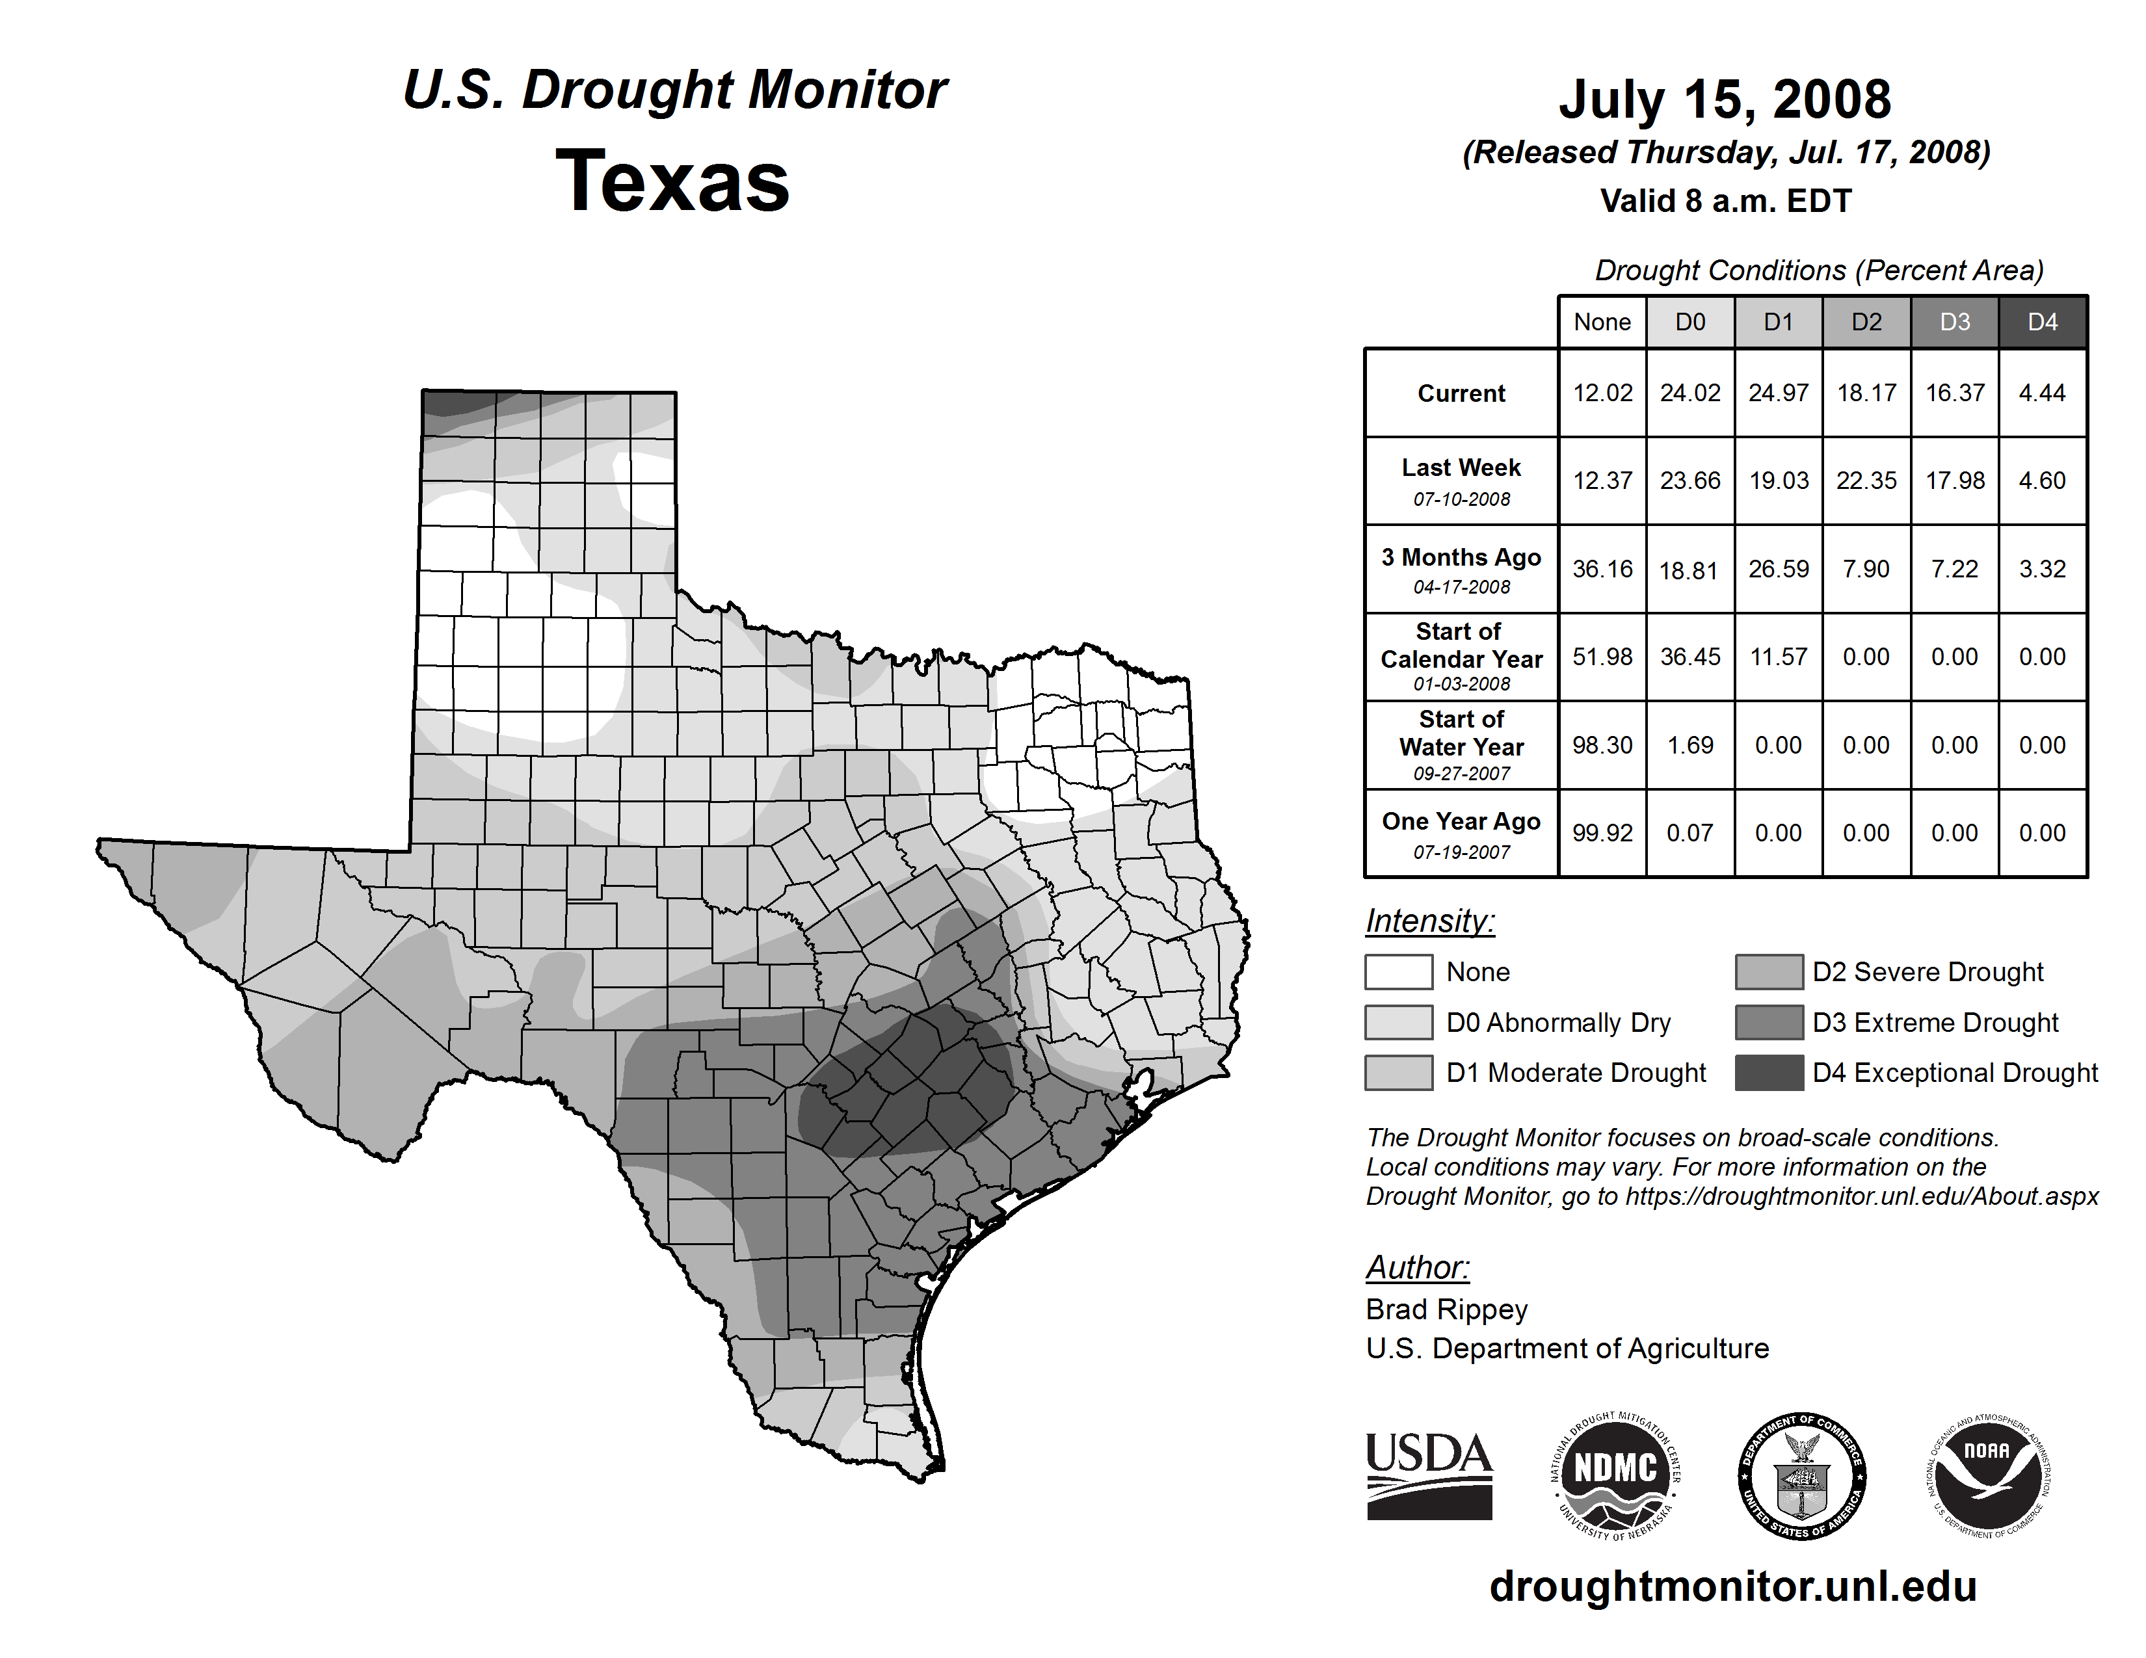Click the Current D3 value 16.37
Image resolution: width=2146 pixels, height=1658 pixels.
coord(1954,393)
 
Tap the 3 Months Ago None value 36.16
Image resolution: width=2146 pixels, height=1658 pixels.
coord(1602,569)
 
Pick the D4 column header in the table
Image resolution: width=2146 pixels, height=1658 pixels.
coord(2042,322)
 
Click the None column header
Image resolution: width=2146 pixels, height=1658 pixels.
coord(1602,322)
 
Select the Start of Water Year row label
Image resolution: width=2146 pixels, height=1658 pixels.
coord(1461,744)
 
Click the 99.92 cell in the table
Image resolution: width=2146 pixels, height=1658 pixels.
coord(1602,833)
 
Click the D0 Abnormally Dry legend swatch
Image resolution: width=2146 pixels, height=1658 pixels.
coord(1398,1023)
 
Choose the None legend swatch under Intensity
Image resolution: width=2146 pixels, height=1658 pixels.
coord(1398,971)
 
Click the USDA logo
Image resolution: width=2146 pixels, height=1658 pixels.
coord(1429,1475)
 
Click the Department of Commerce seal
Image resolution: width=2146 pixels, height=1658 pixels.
coord(1801,1475)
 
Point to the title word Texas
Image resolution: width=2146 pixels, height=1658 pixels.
coord(672,181)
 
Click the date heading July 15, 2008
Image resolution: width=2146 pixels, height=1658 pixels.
coord(1725,99)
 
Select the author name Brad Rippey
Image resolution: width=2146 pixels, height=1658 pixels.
coord(1446,1309)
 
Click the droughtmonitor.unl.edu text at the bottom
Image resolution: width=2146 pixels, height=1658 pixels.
coord(1733,1586)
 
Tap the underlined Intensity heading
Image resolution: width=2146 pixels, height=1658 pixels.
coord(1429,921)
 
